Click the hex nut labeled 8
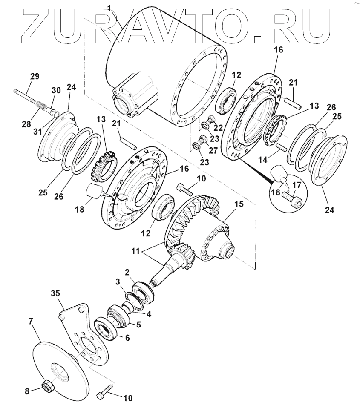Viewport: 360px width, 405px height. coord(47,387)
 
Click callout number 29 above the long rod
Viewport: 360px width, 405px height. coord(35,77)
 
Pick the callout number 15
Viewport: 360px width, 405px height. coord(239,204)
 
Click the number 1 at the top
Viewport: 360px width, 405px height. coord(109,7)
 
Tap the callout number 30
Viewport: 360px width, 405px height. coord(56,90)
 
